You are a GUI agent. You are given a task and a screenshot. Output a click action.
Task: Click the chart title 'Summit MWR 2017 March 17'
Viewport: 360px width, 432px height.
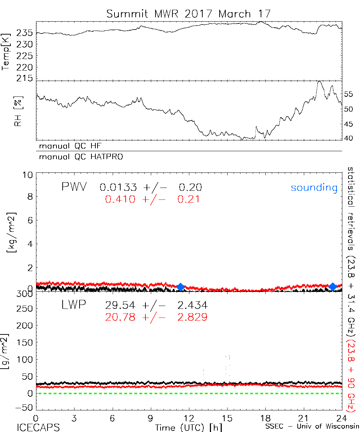tap(188, 14)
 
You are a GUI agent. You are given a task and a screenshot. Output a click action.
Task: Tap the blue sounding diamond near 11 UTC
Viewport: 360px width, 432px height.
tap(180, 287)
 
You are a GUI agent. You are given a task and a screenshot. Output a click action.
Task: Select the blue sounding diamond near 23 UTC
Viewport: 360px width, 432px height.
tap(333, 286)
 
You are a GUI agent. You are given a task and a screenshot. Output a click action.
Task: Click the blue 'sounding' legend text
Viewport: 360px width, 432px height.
tap(314, 188)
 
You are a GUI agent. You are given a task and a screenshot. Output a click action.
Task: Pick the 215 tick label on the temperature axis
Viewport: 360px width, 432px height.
tap(25, 78)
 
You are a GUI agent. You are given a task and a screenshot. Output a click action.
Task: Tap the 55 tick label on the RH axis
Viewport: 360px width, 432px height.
tap(349, 94)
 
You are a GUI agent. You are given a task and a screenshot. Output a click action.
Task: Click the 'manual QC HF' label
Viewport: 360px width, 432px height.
tap(68, 146)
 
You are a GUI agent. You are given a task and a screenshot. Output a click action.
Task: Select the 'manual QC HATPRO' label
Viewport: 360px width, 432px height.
tap(79, 157)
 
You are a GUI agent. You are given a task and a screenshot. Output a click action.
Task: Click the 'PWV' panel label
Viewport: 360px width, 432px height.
tap(73, 187)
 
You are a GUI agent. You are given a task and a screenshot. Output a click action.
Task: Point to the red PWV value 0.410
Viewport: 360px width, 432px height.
tap(120, 199)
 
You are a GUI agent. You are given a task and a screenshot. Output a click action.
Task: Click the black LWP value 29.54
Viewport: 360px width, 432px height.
tap(120, 306)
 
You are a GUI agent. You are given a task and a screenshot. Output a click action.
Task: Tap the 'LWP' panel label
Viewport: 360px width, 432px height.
tap(73, 305)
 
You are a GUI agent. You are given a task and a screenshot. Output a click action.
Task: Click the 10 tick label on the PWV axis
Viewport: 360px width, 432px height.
tap(28, 175)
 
